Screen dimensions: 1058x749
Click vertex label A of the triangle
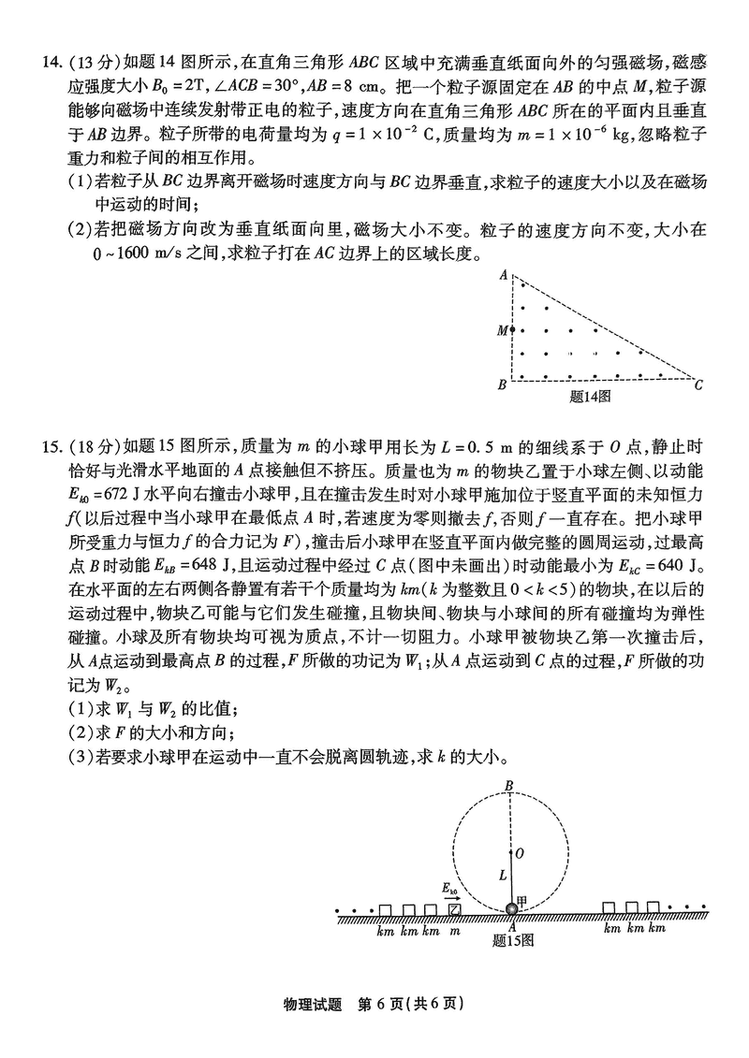pos(503,275)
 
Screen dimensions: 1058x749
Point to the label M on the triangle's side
pos(502,330)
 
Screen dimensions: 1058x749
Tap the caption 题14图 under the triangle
pos(590,396)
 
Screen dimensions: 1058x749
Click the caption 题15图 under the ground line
pos(512,940)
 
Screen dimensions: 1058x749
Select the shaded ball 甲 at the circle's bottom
pos(512,909)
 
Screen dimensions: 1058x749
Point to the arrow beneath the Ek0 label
pos(452,897)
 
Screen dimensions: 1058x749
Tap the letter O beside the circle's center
pos(520,853)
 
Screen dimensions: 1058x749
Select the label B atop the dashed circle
pos(509,786)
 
